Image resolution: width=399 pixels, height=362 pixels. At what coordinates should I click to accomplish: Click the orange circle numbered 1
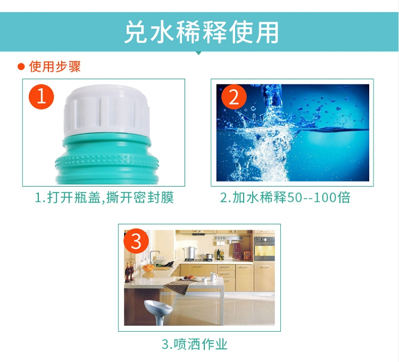[41, 97]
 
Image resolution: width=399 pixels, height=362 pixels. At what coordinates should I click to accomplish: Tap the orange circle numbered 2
[234, 97]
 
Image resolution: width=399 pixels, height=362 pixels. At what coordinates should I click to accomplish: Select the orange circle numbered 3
[136, 241]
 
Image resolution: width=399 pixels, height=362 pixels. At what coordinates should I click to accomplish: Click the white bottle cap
[106, 111]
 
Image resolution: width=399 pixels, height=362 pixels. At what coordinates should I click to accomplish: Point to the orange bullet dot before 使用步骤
[21, 67]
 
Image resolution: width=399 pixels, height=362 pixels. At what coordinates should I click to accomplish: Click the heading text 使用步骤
[55, 66]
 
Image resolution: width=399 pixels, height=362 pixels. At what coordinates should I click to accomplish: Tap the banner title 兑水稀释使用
[201, 32]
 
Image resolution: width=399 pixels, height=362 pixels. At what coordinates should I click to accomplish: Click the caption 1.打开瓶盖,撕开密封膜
[104, 198]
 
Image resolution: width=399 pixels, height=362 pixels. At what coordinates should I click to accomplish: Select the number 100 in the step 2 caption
[325, 198]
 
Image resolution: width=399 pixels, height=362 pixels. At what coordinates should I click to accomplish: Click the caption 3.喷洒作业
[194, 344]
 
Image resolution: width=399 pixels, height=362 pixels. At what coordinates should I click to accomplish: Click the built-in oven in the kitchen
[264, 249]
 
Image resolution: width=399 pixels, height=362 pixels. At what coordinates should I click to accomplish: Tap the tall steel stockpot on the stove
[189, 252]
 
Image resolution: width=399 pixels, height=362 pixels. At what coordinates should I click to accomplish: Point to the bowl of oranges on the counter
[148, 268]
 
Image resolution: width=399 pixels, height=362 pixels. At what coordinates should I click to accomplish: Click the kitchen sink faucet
[153, 255]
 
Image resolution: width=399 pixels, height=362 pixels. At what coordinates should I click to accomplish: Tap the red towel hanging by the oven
[237, 250]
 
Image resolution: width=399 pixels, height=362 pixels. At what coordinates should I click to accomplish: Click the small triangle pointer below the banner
[199, 53]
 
